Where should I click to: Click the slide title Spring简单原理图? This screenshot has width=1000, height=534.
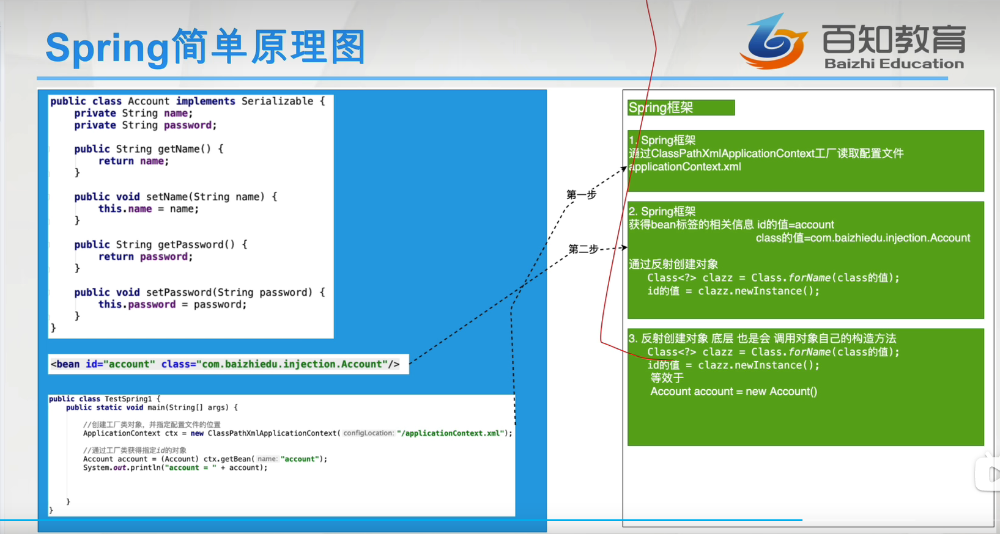206,47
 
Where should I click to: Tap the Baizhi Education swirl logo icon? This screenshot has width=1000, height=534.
774,42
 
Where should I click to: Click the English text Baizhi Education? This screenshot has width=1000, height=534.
894,64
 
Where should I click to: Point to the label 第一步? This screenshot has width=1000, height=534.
581,194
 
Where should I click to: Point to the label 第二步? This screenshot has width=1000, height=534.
583,249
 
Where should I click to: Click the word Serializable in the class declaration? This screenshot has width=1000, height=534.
277,101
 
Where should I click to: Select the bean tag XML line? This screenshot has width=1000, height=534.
225,364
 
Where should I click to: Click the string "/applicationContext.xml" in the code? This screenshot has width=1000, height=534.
451,433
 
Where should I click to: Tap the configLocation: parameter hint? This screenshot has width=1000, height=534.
369,433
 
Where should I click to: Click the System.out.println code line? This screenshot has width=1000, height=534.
176,467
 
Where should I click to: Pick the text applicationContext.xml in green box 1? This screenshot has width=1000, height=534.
685,167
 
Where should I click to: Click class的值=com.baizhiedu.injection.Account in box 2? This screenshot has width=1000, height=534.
863,238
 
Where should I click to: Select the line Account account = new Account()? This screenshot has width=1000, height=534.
733,391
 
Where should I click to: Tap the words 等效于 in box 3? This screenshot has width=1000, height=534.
667,378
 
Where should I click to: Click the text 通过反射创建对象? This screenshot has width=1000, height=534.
673,264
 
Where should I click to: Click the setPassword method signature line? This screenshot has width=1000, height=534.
199,292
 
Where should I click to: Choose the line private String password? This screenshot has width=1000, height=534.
146,125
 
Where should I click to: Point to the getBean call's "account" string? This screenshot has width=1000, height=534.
300,459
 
